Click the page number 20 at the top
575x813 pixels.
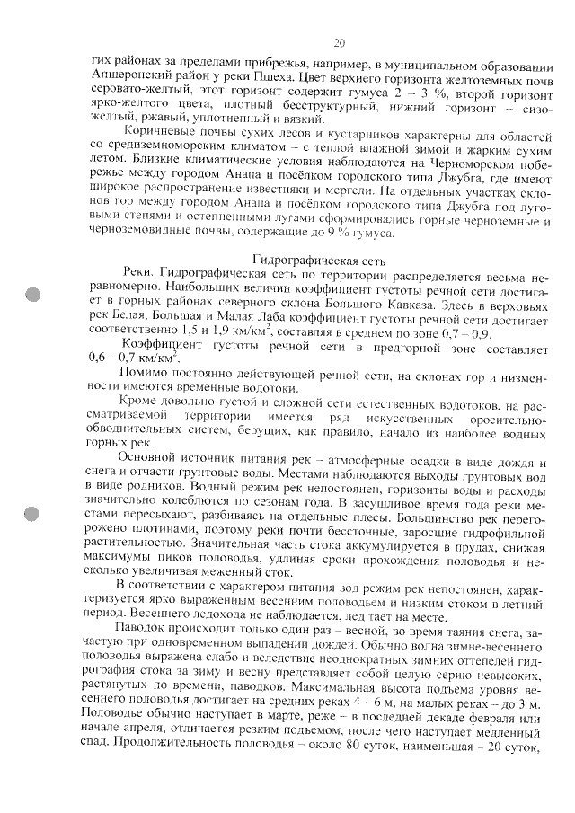pyautogui.click(x=339, y=42)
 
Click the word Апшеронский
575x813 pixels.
pyautogui.click(x=131, y=75)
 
